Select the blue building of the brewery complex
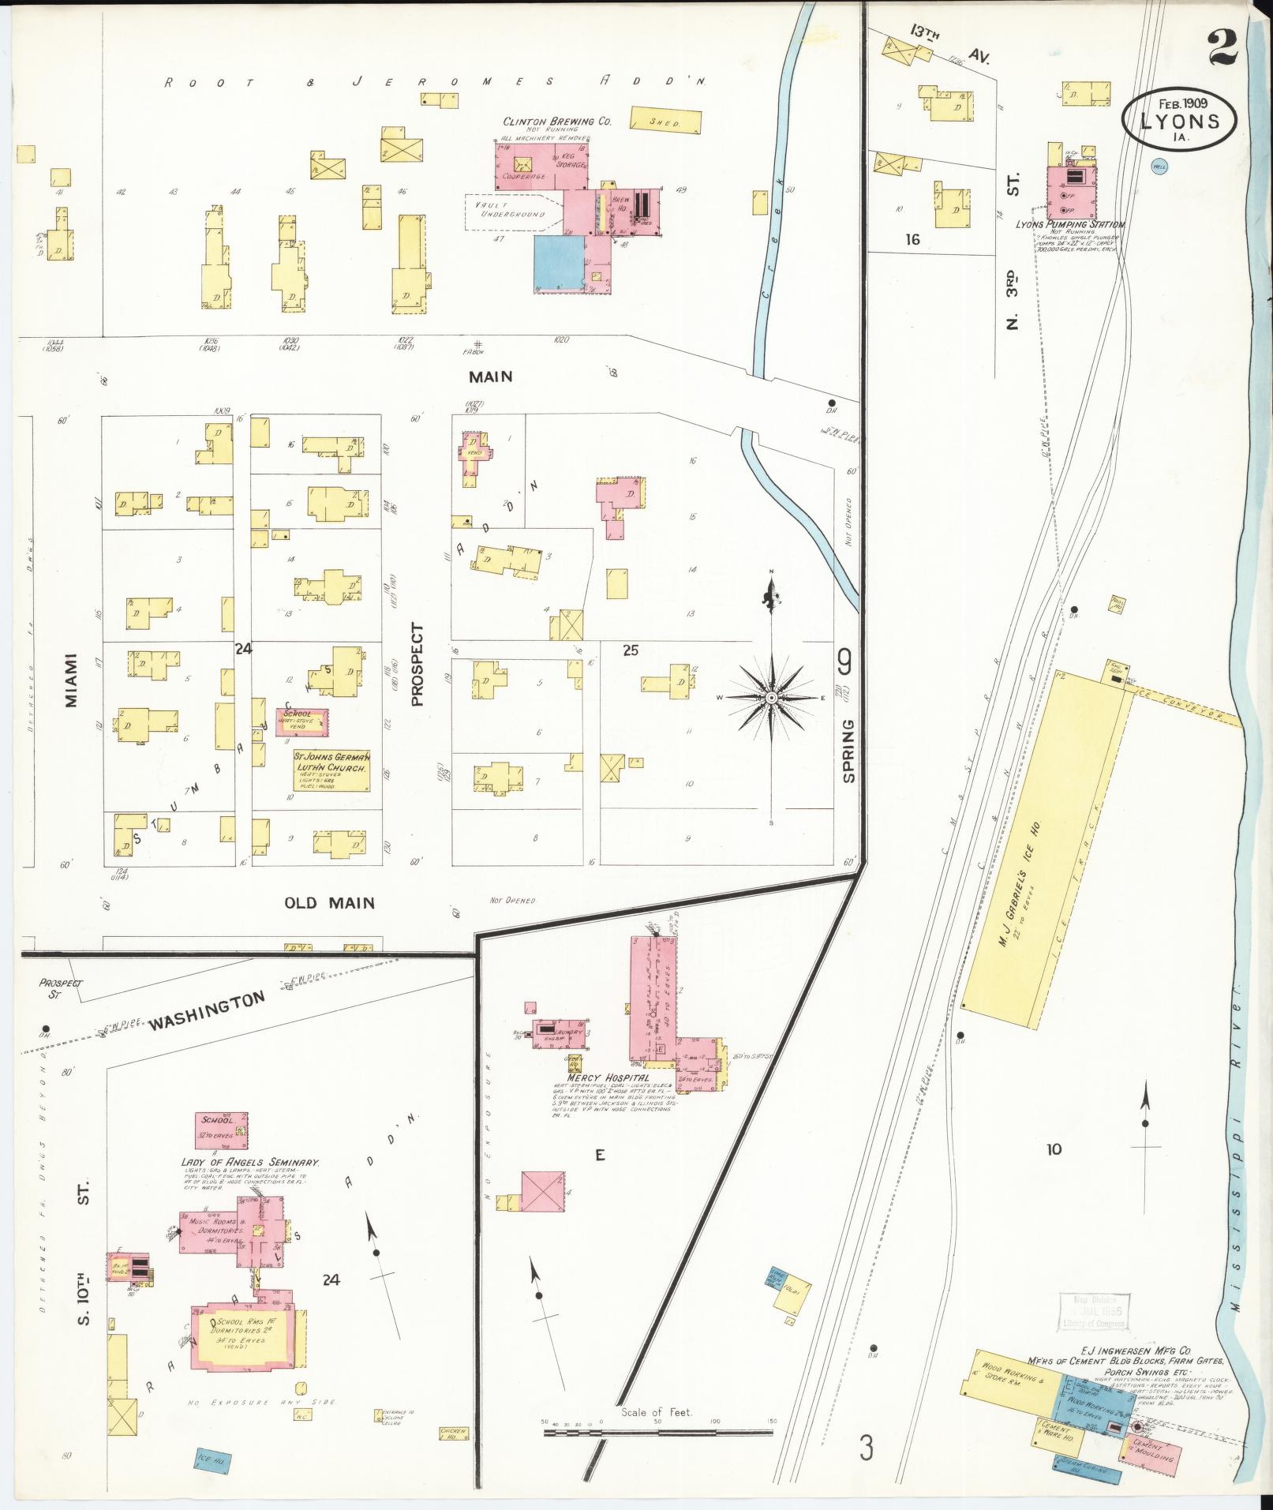[559, 264]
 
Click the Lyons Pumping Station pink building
[1071, 192]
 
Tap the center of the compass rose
[772, 698]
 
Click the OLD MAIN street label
[330, 902]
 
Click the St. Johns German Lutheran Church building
[331, 770]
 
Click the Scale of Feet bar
[657, 1430]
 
